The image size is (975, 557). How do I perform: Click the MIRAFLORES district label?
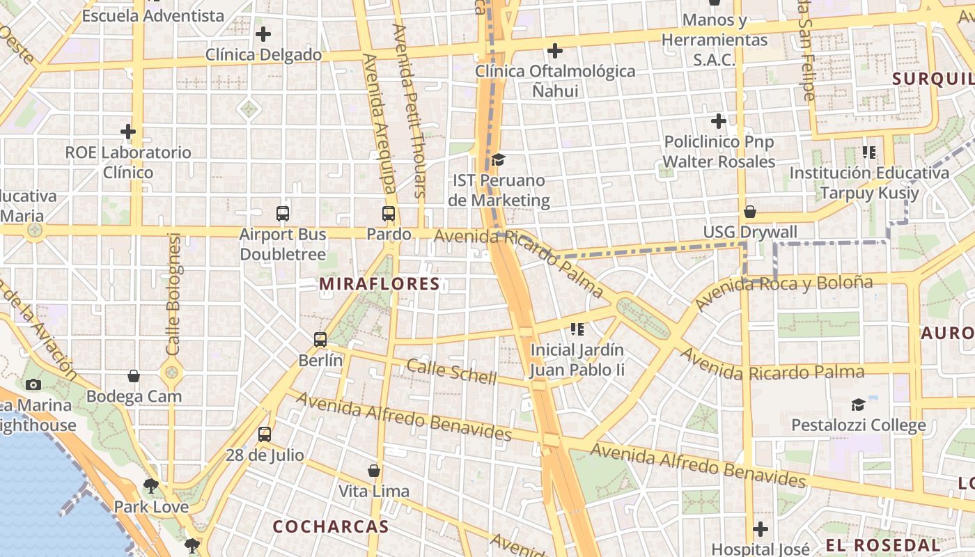point(380,284)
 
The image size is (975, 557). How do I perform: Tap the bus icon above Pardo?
point(389,214)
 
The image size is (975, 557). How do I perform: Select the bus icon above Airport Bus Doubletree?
point(283,214)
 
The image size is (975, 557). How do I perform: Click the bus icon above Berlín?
point(320,340)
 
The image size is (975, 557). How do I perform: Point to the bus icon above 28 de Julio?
point(265,434)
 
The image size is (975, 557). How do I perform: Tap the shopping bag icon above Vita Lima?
point(374,471)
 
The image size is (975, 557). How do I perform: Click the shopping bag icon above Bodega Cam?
point(134,376)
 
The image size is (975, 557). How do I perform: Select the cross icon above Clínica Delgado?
point(263,33)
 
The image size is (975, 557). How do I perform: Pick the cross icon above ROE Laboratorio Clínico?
point(128,131)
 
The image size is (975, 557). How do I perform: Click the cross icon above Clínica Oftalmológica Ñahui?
point(555,50)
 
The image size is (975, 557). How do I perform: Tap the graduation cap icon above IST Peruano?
point(498,160)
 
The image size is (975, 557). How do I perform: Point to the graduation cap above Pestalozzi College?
point(858,405)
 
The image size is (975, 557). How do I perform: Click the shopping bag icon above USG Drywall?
point(750,212)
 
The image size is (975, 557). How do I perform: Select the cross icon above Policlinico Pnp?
point(719,121)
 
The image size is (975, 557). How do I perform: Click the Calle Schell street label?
point(452,372)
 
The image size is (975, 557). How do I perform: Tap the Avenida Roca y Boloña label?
point(783,292)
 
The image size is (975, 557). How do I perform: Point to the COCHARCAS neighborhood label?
point(331,526)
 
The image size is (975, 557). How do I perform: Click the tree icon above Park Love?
point(150,485)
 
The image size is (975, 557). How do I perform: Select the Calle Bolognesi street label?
point(174,294)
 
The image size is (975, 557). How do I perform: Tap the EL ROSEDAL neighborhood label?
point(882,544)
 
